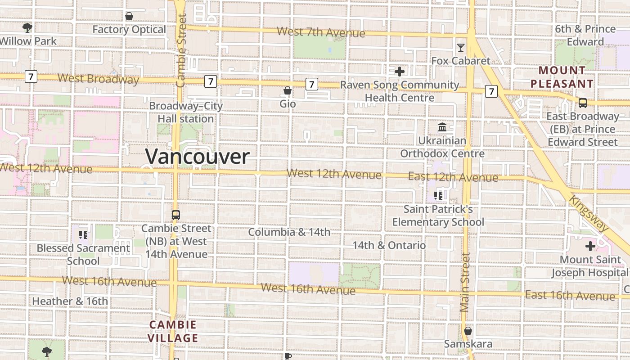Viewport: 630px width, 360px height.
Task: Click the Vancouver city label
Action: [x=197, y=157]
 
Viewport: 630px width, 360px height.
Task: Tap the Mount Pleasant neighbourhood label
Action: [x=562, y=77]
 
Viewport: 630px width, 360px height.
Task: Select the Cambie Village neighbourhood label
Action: [x=173, y=331]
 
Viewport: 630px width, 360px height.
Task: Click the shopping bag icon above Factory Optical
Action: [x=129, y=17]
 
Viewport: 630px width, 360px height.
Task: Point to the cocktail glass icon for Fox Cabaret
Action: [x=461, y=47]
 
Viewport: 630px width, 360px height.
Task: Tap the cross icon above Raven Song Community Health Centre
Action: [x=399, y=72]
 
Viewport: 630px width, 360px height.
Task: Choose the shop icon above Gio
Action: [x=288, y=91]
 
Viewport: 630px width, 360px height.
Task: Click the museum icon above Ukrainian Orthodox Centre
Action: [x=442, y=127]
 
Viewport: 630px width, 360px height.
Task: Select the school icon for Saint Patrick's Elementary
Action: [x=438, y=196]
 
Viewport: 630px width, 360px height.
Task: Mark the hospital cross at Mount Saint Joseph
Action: [x=590, y=246]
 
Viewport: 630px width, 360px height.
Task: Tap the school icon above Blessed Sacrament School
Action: [x=83, y=234]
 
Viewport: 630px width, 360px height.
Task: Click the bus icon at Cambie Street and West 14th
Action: [x=175, y=215]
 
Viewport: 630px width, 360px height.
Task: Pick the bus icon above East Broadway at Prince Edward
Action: [x=583, y=103]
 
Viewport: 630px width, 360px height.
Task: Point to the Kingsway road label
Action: [x=589, y=213]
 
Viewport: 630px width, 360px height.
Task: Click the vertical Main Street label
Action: [x=465, y=283]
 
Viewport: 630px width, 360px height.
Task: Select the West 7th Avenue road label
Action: [x=321, y=32]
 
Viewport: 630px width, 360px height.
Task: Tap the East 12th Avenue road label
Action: [x=453, y=177]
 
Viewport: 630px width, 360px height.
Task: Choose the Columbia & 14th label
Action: [x=289, y=232]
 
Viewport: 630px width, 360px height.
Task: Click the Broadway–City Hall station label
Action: [x=186, y=112]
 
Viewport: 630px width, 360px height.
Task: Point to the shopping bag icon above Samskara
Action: [x=468, y=331]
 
